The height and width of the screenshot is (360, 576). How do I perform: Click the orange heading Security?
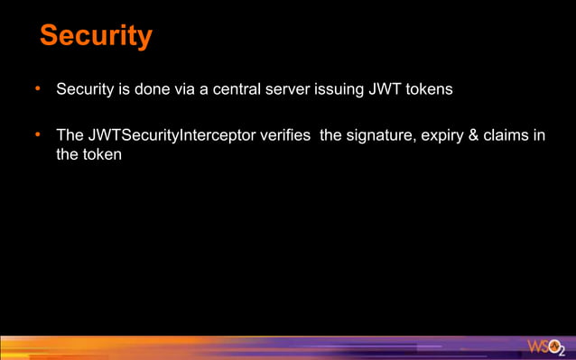tap(96, 36)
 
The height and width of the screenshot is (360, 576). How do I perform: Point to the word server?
tap(294, 90)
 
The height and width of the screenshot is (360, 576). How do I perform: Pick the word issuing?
tap(344, 90)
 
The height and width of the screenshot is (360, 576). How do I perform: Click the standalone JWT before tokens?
tap(387, 90)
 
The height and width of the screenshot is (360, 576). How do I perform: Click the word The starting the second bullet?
tap(70, 136)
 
